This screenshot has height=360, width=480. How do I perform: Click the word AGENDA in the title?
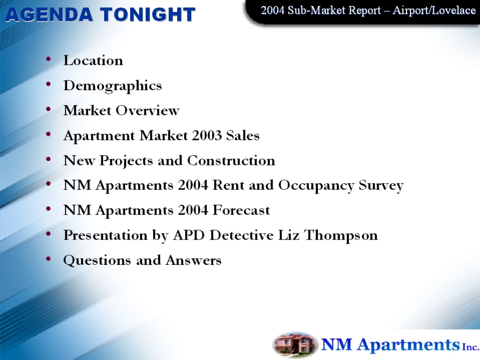(x=49, y=15)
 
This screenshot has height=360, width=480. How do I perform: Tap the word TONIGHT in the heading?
(x=148, y=15)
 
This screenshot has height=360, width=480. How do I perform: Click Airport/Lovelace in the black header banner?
(x=434, y=10)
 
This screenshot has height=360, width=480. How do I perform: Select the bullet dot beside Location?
(x=48, y=59)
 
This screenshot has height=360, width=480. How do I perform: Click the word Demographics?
(x=112, y=86)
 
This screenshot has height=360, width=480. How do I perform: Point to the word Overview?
(x=148, y=111)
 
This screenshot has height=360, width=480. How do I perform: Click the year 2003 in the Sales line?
(x=207, y=135)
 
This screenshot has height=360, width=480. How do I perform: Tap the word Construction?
(x=231, y=160)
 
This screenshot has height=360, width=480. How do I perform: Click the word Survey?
(x=381, y=186)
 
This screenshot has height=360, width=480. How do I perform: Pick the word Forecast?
(x=241, y=210)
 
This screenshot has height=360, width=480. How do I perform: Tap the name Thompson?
(x=341, y=236)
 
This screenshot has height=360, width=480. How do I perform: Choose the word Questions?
(x=97, y=261)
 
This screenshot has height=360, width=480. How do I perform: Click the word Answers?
(x=194, y=261)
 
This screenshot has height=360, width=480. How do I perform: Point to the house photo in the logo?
(x=295, y=345)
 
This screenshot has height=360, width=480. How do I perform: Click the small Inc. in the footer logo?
(x=471, y=347)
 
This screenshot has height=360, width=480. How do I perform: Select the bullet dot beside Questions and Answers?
(x=48, y=258)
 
